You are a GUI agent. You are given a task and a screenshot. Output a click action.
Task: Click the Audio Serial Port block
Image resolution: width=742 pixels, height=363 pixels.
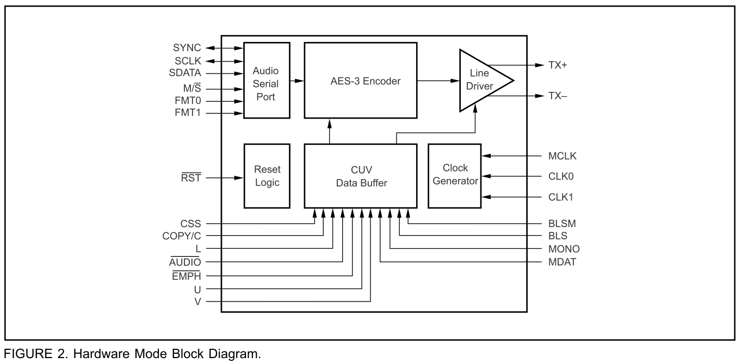(267, 80)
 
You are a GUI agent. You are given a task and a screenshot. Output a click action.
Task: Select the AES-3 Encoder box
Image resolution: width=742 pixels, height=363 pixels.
(360, 81)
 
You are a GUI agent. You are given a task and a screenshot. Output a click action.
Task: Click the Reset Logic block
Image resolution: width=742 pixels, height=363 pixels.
(267, 176)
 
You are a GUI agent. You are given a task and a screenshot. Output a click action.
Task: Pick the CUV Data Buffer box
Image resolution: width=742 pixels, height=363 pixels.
(360, 176)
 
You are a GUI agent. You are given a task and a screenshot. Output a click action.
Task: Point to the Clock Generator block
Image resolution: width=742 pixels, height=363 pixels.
(454, 176)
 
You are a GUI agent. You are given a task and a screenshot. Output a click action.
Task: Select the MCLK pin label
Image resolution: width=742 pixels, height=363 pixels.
(562, 157)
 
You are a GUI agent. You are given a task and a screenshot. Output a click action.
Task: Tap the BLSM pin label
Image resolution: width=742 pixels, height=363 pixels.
(562, 223)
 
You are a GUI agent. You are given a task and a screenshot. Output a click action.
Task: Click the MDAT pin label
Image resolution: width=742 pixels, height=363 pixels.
(562, 262)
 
